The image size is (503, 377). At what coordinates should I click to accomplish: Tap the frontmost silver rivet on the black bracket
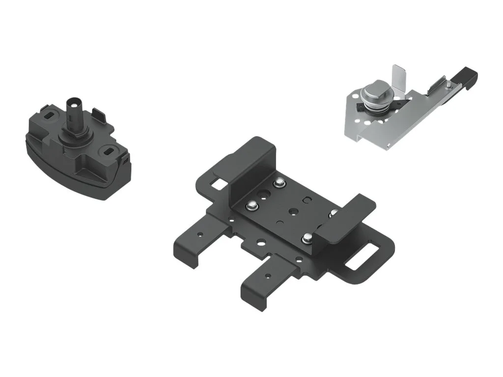(307, 239)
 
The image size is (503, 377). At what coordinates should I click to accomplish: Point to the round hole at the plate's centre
(293, 211)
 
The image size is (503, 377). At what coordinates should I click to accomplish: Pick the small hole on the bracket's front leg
(268, 275)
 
